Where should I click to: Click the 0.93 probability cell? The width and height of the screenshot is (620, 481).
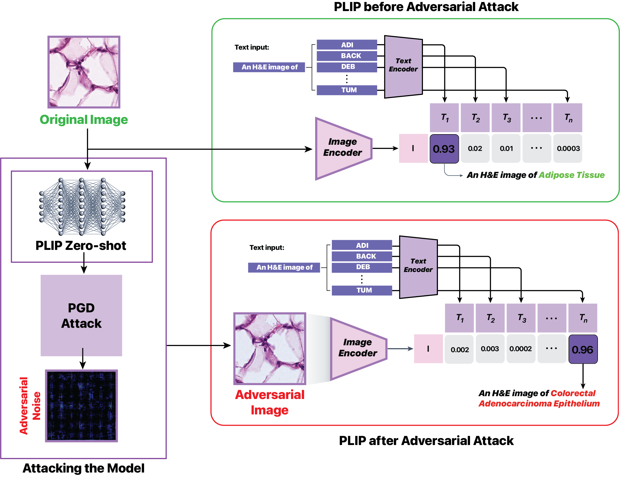coord(444,149)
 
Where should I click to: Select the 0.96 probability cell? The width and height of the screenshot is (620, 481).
coord(583,349)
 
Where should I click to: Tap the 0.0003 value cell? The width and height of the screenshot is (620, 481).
coord(568,148)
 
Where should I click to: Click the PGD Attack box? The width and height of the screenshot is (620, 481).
coord(81,315)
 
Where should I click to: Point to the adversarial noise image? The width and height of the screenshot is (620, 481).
coord(82,406)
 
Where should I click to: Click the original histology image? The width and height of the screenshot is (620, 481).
coord(84,72)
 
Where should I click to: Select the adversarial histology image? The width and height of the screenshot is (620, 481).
coord(270,349)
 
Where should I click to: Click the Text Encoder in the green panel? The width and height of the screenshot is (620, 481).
coord(403,66)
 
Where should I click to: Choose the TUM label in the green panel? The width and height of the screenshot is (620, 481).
coord(347,90)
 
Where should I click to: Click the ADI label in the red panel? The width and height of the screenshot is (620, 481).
coord(362,245)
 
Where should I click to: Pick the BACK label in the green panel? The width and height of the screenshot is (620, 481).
coord(347,56)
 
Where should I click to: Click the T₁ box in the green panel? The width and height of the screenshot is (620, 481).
coord(444,118)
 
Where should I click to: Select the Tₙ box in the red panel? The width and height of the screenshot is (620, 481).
coord(583,318)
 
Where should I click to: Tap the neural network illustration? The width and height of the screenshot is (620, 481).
coord(82,207)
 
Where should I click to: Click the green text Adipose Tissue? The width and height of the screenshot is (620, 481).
coord(571,175)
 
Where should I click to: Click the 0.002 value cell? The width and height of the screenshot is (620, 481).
coord(459,349)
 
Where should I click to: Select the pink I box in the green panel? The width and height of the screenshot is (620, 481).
coord(413,148)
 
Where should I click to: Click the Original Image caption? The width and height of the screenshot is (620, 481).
coord(84,120)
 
